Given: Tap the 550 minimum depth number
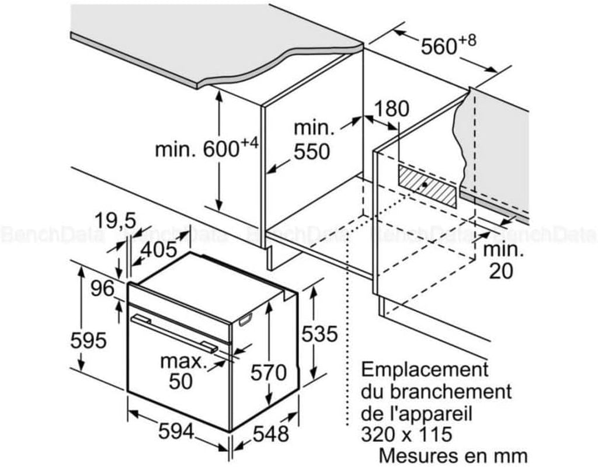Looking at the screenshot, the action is [312, 151].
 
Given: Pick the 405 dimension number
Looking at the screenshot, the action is [159, 250].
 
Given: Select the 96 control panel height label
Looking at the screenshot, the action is [103, 288].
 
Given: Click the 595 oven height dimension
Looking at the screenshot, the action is [88, 340].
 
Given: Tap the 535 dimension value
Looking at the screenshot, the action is [319, 334].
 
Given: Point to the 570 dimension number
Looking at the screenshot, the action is [269, 372].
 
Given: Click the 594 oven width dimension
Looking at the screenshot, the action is [176, 432].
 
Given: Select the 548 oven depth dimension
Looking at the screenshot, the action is [271, 434].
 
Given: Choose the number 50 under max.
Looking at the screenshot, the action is [181, 381].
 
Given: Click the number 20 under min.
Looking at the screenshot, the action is [501, 271].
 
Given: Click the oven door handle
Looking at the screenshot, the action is [174, 333].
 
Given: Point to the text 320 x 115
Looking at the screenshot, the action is [406, 434].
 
